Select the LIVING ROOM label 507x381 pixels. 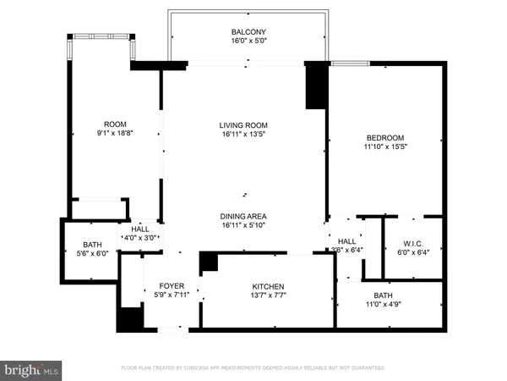[x=244, y=124]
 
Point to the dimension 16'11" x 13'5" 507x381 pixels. [x=244, y=134]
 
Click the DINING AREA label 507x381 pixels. [x=244, y=216]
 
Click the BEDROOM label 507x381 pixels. [x=384, y=138]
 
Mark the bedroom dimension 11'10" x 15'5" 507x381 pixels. [x=384, y=147]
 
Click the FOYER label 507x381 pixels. [x=172, y=286]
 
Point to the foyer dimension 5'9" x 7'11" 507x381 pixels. [x=172, y=295]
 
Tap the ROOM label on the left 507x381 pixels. [x=115, y=124]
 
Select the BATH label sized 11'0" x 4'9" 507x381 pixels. [x=384, y=295]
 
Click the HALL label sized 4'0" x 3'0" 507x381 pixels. [x=140, y=229]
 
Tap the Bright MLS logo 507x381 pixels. [x=31, y=370]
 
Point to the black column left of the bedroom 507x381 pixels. [x=316, y=86]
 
